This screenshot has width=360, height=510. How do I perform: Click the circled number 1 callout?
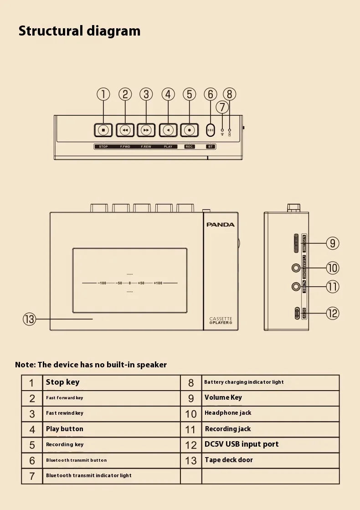tap(103, 94)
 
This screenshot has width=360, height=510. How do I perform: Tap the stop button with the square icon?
tap(103, 130)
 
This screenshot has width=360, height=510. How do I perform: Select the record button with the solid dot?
tap(190, 130)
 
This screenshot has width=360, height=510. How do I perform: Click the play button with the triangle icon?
tap(168, 130)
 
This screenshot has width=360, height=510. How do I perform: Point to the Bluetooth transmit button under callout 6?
tap(210, 130)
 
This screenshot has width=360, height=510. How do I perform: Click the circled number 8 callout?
tap(229, 94)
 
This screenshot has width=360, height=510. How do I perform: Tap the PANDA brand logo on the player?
tap(221, 225)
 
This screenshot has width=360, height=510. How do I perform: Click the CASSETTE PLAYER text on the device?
tap(221, 321)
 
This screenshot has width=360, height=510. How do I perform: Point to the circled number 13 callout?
tap(29, 319)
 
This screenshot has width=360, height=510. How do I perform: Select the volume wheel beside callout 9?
tap(297, 243)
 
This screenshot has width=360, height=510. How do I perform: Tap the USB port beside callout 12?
tap(296, 313)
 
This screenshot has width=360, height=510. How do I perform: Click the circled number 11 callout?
tap(333, 287)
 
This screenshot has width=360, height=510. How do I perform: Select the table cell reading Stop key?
tap(62, 382)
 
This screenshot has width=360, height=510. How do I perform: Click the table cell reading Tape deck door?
tap(229, 460)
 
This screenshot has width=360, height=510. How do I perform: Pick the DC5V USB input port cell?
tap(242, 444)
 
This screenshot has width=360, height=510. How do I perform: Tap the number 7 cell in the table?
tap(32, 476)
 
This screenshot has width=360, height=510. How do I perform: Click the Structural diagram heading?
tap(80, 31)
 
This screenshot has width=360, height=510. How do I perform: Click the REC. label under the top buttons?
tap(190, 147)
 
